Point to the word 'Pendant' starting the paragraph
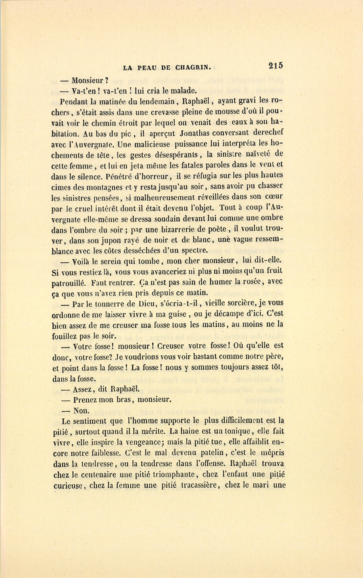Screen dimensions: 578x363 pos(75,100)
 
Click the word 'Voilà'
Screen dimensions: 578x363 pos(83,261)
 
